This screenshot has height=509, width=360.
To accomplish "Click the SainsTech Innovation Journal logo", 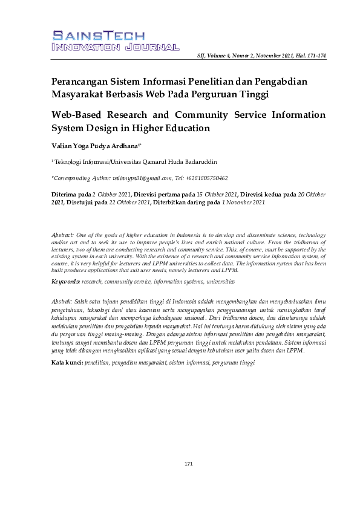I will click(x=115, y=41).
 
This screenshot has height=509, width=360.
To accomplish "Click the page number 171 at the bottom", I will click(x=188, y=464).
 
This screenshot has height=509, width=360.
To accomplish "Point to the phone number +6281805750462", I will click(x=208, y=178).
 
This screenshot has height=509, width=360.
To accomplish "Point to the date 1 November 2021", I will click(x=243, y=203).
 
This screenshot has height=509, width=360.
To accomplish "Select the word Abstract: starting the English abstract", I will click(x=63, y=234).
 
